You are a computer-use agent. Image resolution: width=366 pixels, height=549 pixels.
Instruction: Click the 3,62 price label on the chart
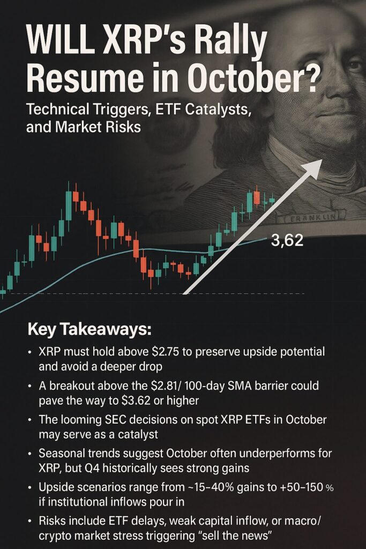point(287,241)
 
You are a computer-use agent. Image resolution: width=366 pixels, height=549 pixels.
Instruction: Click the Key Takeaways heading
point(89,330)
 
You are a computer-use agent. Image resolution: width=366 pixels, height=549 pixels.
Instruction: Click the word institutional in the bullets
point(77,502)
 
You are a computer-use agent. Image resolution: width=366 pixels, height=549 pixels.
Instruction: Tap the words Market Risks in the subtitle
point(98,127)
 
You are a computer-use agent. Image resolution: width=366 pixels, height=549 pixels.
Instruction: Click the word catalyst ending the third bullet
point(138,434)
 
